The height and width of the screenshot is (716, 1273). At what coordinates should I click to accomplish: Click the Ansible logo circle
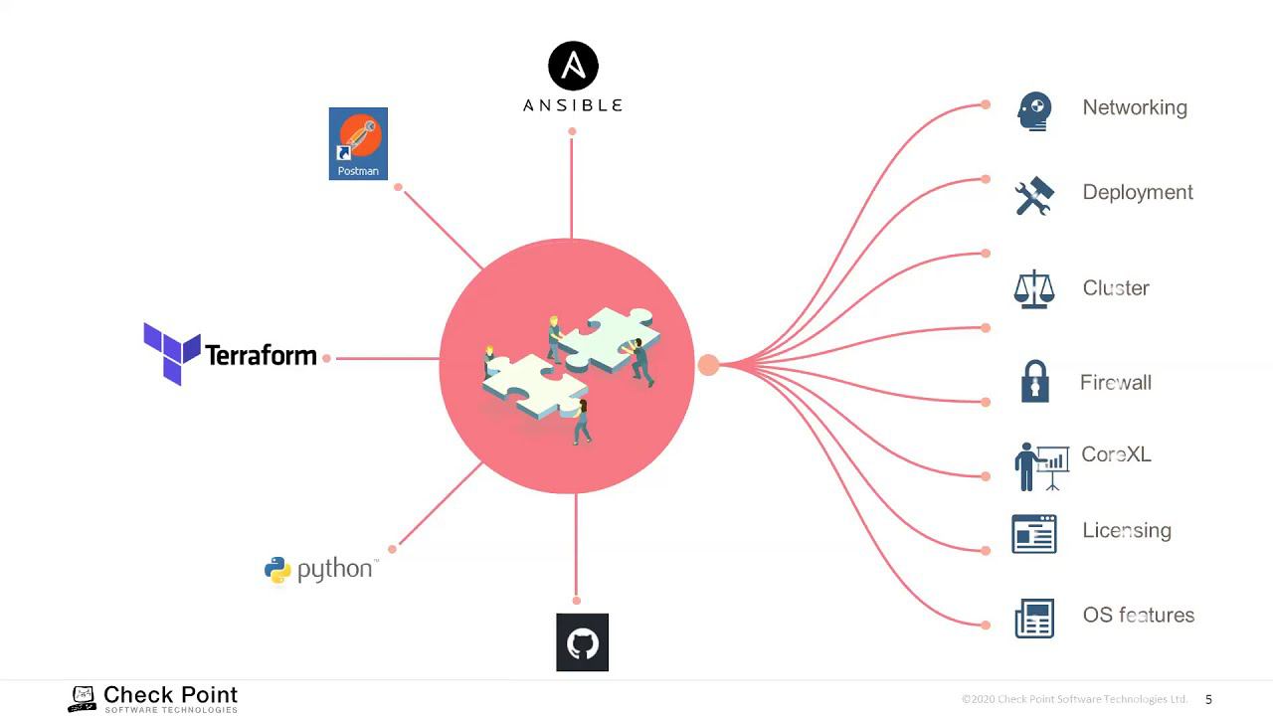574,66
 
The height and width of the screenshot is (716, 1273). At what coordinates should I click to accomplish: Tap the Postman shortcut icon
358,143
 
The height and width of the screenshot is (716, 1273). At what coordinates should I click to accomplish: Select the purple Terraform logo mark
171,353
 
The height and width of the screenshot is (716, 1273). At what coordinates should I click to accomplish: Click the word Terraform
261,355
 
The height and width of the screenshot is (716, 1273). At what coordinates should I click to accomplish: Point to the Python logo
277,570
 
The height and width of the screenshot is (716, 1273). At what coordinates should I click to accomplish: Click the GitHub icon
582,642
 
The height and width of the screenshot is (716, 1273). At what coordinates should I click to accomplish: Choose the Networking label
1135,107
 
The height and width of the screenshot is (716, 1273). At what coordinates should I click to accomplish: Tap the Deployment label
1138,192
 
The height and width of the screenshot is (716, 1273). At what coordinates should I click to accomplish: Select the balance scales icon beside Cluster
1033,288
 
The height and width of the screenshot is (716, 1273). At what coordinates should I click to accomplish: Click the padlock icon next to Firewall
1035,382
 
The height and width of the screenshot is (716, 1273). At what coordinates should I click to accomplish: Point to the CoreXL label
1116,454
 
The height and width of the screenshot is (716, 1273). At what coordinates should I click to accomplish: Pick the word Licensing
1127,530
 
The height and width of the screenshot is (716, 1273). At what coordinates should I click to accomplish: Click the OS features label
1139,615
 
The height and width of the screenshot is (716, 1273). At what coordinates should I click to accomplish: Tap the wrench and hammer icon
1034,196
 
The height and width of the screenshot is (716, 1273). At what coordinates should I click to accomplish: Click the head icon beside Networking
1034,110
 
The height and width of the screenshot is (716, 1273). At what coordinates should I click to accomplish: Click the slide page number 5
1209,699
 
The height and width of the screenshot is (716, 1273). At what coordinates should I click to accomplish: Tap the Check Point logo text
170,694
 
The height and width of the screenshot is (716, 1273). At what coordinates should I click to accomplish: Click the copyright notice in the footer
1074,699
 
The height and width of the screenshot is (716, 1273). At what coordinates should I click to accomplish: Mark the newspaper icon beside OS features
1034,618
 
